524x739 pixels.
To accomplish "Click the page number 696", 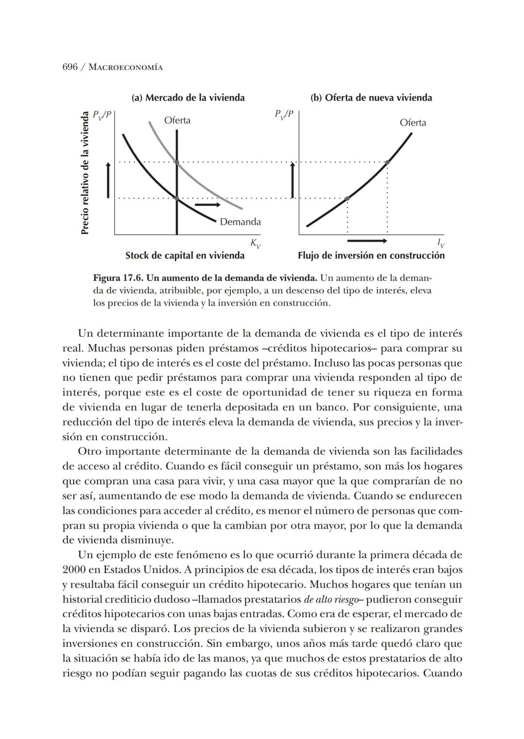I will click(70, 67).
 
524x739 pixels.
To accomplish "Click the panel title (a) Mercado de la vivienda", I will click(188, 98).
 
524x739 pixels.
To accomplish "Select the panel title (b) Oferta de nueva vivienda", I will click(371, 98).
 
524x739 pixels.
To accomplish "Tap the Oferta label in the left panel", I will click(177, 120).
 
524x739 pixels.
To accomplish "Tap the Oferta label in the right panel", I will click(413, 123).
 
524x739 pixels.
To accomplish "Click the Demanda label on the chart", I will click(240, 222).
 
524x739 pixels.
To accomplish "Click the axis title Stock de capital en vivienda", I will click(185, 255).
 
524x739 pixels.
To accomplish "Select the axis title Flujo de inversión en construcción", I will click(371, 255).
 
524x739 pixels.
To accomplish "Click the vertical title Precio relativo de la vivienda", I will click(85, 173).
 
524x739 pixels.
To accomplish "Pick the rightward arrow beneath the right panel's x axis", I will click(367, 241).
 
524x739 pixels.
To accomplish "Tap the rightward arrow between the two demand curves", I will click(207, 205).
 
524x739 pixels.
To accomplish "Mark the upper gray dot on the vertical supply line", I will click(177, 162).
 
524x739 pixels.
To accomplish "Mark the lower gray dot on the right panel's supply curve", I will click(347, 198).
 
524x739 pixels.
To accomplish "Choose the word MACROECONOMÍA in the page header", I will click(128, 67).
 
